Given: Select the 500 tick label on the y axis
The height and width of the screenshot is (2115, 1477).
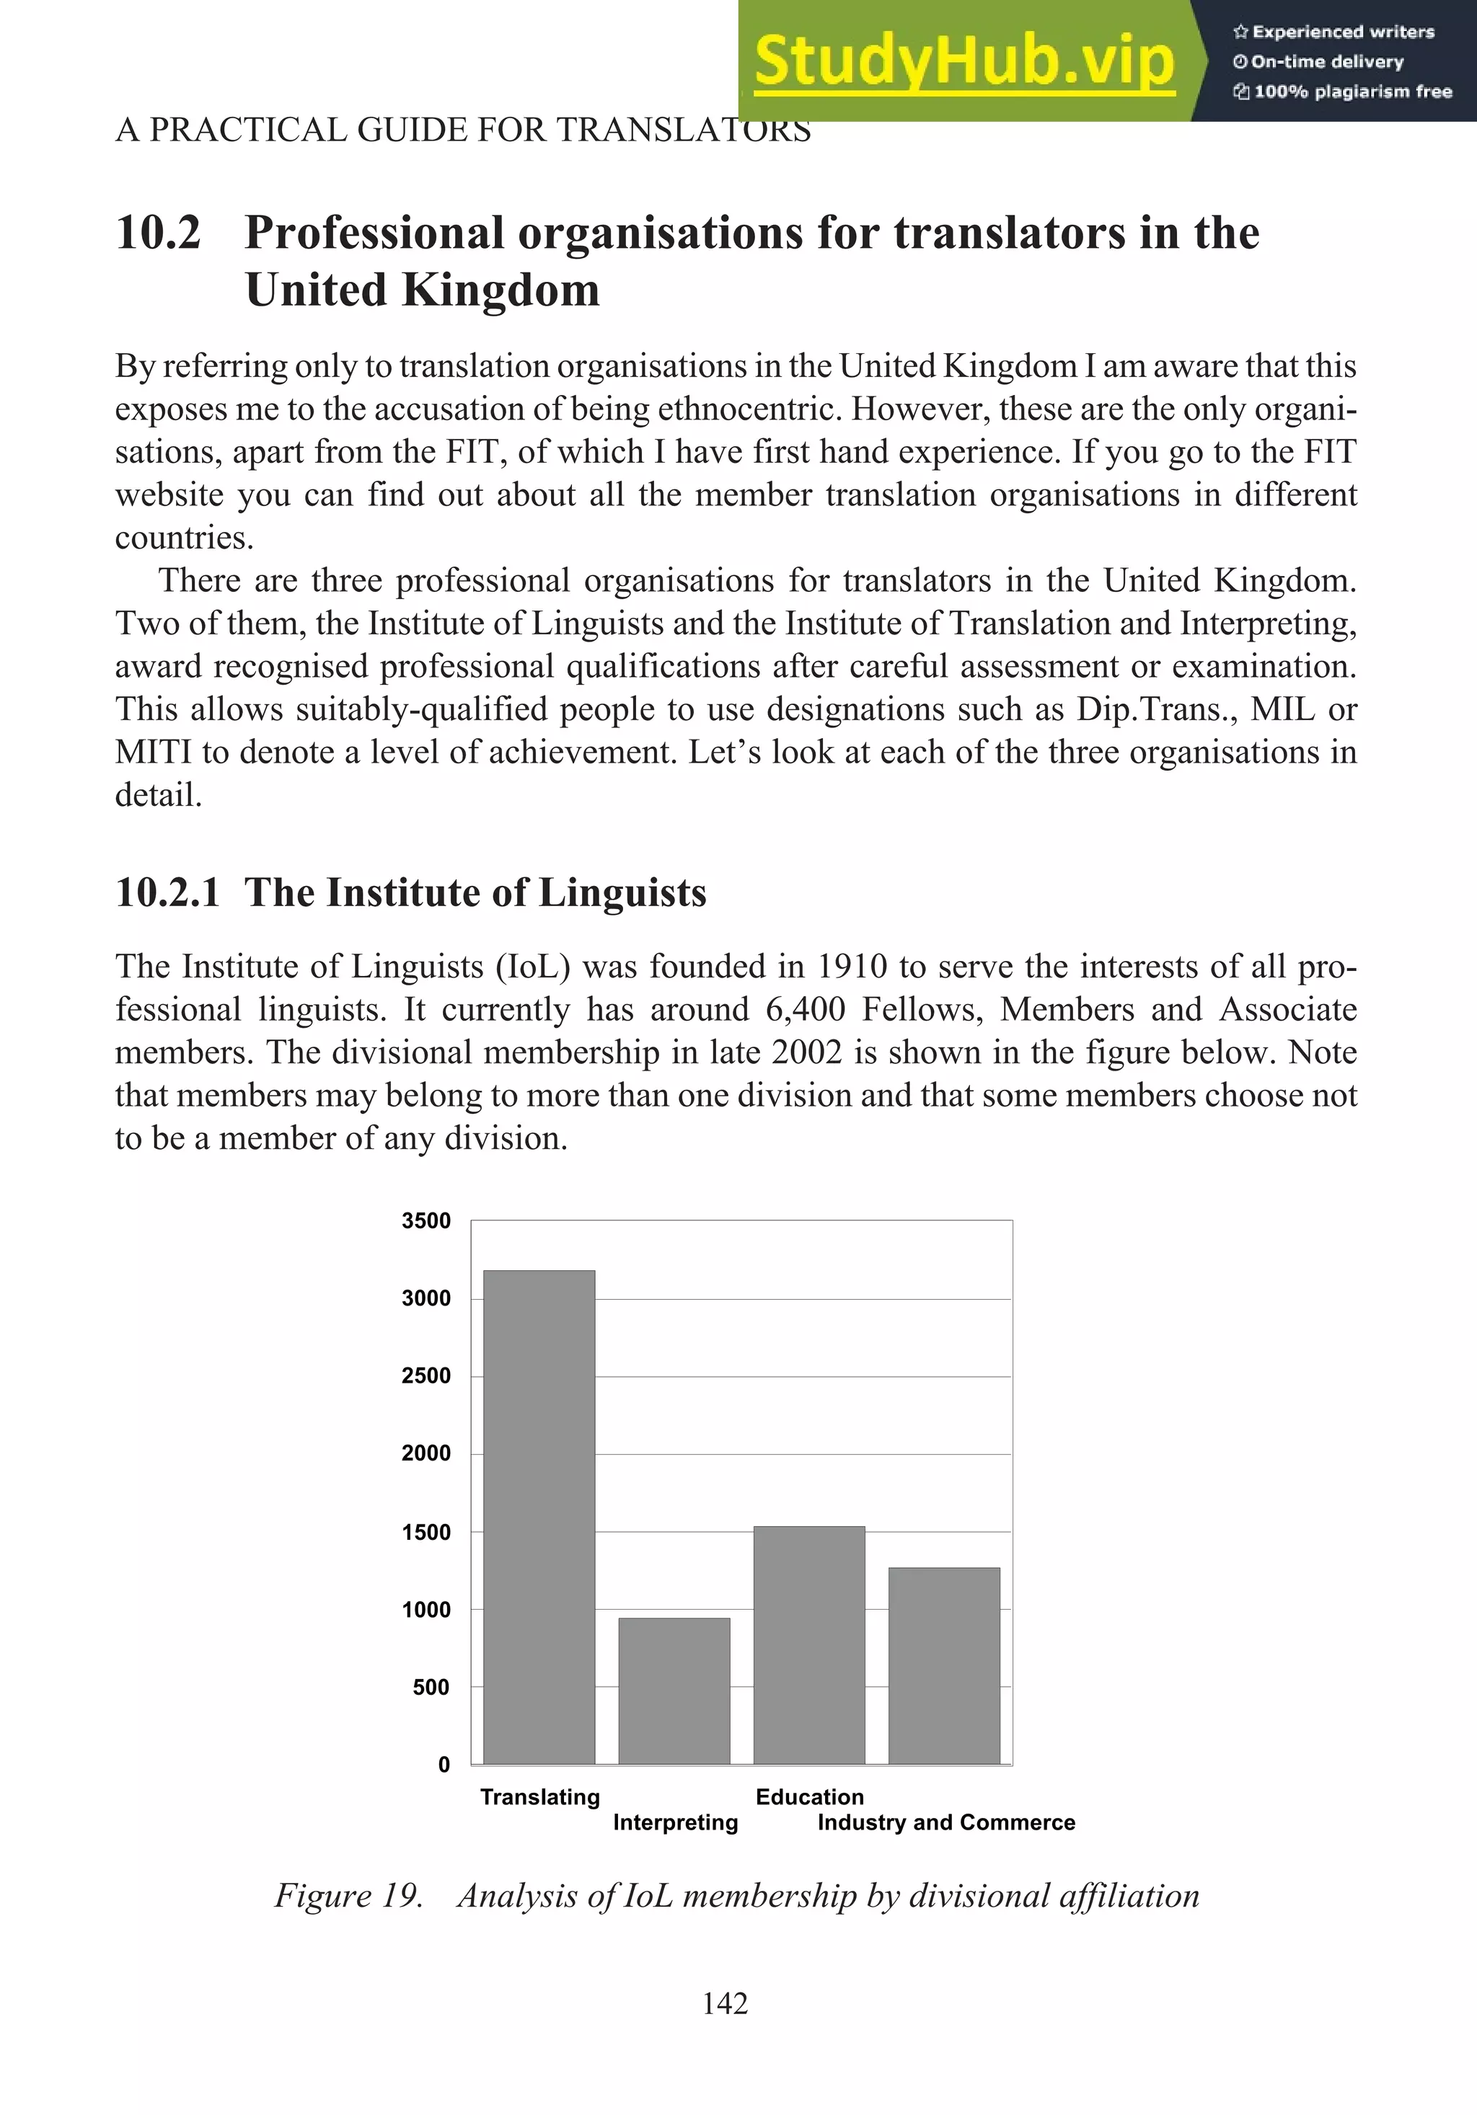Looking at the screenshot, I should (x=431, y=1687).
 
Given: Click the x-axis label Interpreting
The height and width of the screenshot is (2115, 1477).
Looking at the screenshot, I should (x=675, y=1822).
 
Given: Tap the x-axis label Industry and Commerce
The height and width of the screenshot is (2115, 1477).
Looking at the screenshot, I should (x=945, y=1822).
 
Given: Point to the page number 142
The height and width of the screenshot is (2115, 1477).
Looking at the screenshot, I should (x=724, y=2003).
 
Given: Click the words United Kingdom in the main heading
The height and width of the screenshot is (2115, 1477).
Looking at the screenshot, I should (x=422, y=291).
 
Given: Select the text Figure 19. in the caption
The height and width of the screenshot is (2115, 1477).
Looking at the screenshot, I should (x=348, y=1896).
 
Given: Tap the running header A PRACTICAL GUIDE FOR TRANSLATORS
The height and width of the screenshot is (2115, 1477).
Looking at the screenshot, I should (x=462, y=130).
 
